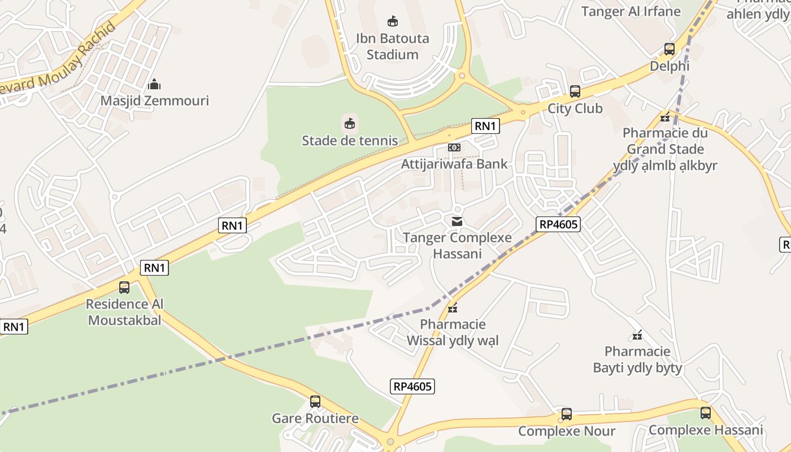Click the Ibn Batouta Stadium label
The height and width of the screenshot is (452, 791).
click(x=392, y=46)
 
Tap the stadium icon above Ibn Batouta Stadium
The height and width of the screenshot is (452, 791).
click(x=392, y=21)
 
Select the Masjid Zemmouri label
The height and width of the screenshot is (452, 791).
click(x=154, y=101)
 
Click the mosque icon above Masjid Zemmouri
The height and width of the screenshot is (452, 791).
click(x=154, y=85)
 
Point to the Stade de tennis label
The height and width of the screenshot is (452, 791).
click(x=350, y=140)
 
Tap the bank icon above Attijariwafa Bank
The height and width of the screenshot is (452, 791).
click(x=454, y=147)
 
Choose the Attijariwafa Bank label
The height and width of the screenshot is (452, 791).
click(x=454, y=164)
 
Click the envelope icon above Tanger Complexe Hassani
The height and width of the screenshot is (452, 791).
click(x=457, y=221)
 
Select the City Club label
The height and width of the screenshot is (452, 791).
click(x=575, y=108)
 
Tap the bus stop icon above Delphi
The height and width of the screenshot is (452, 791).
click(x=670, y=49)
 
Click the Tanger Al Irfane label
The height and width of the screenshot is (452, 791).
click(x=631, y=11)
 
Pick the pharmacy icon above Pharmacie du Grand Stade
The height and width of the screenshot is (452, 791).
click(x=665, y=118)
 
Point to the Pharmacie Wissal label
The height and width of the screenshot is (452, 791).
click(x=453, y=332)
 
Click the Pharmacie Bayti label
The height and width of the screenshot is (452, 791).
click(x=637, y=360)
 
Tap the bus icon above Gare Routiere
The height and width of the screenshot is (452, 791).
click(x=315, y=402)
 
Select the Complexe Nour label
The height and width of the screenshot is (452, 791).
click(x=567, y=431)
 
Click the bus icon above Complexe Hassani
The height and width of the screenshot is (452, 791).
click(x=706, y=413)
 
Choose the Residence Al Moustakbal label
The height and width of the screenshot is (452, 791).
click(x=124, y=312)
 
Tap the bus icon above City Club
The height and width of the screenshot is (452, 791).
click(x=575, y=91)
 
